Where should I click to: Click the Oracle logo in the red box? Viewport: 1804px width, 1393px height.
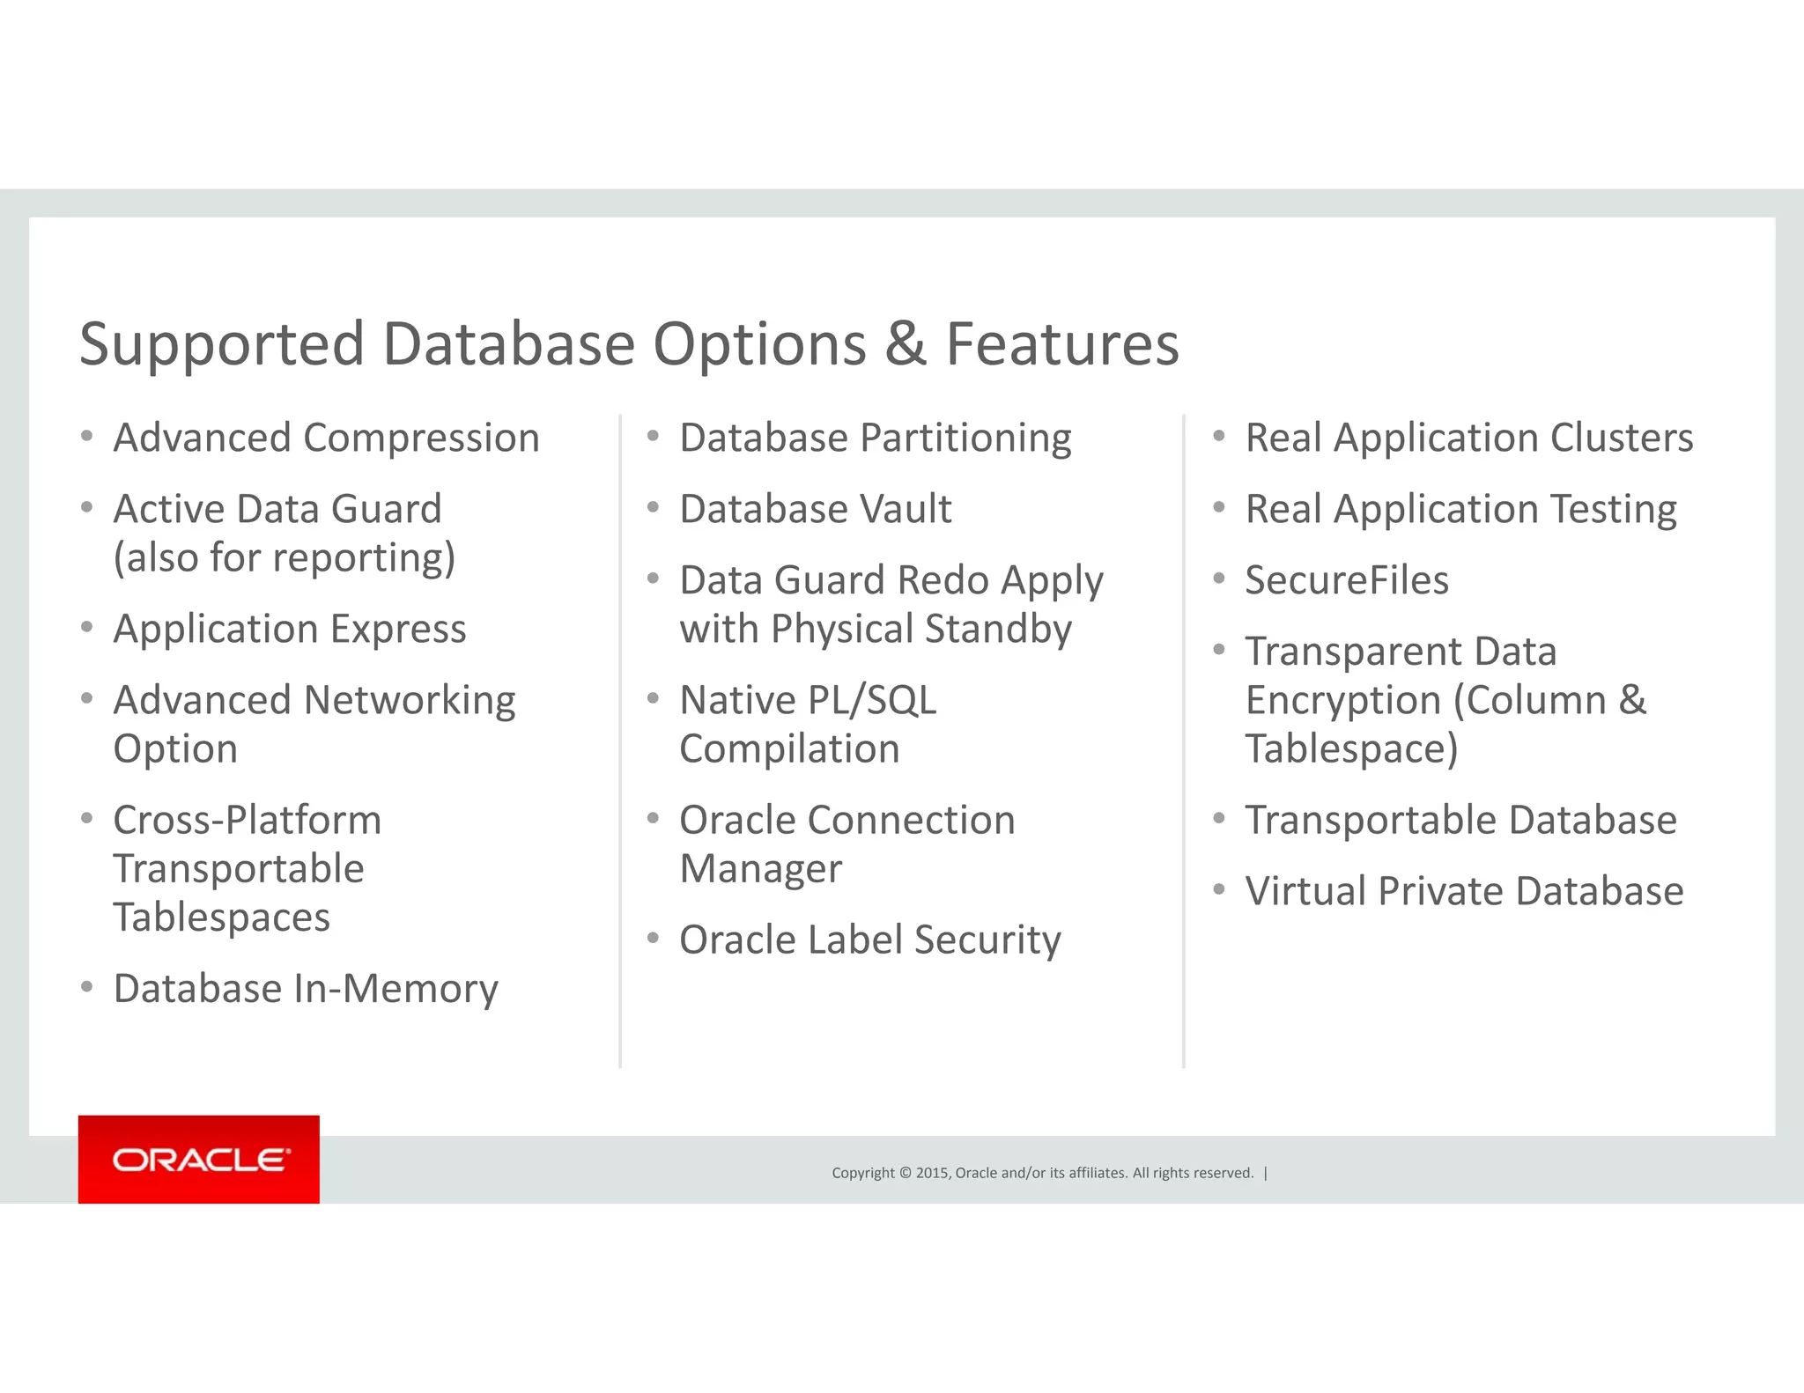pos(199,1160)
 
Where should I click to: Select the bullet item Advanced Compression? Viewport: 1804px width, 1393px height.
pos(326,438)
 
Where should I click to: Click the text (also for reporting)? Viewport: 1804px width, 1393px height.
pos(284,557)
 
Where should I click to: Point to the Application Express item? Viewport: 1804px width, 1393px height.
pos(289,629)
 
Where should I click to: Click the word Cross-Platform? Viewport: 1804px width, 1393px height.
pos(248,820)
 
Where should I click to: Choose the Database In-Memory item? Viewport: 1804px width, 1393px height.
pos(306,989)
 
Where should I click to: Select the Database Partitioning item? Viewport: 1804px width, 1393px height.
pos(875,438)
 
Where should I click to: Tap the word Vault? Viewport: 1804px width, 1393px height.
pos(905,509)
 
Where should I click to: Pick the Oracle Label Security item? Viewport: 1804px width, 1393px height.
pos(869,940)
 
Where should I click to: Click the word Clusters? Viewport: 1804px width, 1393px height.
pos(1621,438)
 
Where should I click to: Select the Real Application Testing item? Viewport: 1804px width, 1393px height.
pos(1460,509)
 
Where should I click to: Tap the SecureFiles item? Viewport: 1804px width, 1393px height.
pos(1346,580)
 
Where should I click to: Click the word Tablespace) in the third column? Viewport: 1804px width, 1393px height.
pos(1351,748)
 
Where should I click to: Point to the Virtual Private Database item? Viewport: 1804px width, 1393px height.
pos(1463,891)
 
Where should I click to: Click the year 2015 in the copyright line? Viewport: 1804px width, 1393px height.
pos(932,1173)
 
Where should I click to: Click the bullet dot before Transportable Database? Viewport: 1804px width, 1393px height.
pos(1219,819)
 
